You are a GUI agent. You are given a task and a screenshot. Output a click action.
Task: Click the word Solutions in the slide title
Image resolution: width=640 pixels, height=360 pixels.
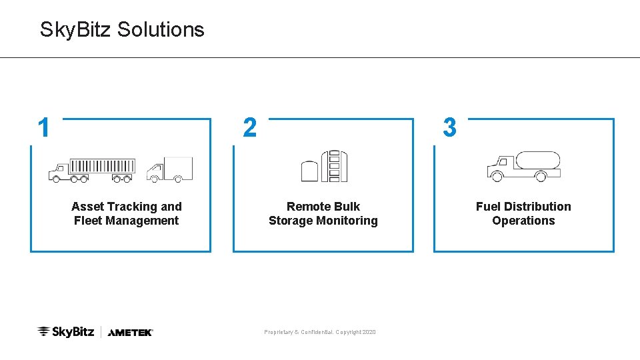tap(160, 29)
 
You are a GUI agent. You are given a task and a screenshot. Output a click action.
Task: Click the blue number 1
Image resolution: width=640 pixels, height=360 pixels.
tap(44, 127)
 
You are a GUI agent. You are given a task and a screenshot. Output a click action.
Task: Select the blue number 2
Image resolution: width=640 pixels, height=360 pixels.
tap(249, 127)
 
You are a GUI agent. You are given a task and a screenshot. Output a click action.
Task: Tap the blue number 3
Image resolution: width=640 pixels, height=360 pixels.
tap(450, 127)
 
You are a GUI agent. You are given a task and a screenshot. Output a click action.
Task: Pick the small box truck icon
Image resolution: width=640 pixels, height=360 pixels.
tap(169, 169)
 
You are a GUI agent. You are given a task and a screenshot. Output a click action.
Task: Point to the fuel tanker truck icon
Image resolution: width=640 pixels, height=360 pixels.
tap(523, 167)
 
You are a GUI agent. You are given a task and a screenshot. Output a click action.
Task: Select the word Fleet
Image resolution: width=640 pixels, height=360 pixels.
tap(88, 221)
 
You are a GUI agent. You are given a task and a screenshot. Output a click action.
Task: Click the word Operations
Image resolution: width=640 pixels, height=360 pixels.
tap(523, 221)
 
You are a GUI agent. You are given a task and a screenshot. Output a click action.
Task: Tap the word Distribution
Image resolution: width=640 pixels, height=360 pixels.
tap(537, 207)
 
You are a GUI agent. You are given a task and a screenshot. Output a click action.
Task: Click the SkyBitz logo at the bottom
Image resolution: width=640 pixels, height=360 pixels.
tap(66, 331)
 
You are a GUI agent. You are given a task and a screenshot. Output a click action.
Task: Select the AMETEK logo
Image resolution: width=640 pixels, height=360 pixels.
tap(130, 332)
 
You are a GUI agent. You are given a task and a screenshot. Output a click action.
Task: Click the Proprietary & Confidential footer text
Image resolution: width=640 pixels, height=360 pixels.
tap(320, 332)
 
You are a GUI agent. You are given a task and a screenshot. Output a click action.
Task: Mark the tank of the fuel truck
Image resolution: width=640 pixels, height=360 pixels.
tap(538, 161)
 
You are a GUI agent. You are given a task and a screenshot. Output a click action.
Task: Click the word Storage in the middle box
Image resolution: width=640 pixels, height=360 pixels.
tap(291, 221)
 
